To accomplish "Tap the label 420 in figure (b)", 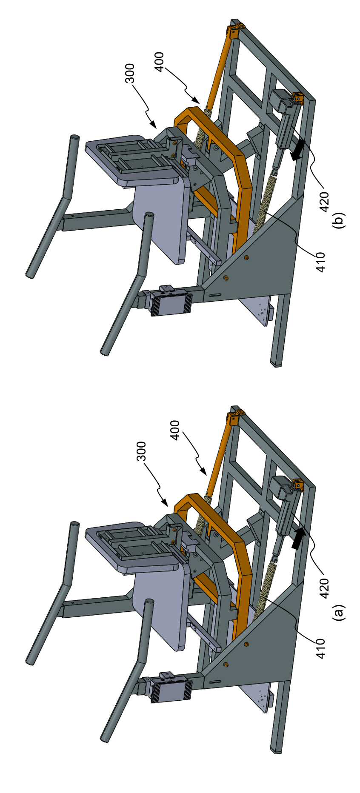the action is click(324, 202).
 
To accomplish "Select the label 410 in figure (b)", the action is click(321, 262).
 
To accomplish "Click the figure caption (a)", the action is click(339, 614).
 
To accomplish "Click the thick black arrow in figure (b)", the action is click(297, 151).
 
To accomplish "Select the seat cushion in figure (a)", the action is click(161, 604).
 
